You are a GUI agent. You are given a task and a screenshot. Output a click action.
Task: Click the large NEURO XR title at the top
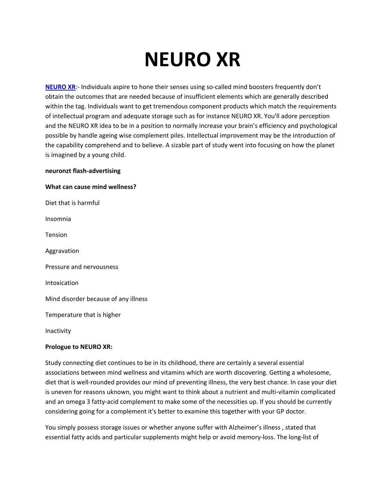point(192,59)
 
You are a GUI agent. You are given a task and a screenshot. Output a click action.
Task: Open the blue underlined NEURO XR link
point(60,87)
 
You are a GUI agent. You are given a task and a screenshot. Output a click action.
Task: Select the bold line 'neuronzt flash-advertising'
point(83,171)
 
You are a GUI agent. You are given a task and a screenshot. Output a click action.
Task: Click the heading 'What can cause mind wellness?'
point(91,187)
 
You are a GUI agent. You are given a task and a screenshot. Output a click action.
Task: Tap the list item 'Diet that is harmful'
point(72,203)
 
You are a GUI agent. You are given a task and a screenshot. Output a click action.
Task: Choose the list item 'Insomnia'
point(58,219)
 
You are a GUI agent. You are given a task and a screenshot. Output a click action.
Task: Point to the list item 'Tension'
point(56,235)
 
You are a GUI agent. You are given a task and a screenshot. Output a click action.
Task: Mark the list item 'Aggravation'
point(62,251)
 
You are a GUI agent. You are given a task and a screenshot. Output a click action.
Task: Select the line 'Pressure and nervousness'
point(82,267)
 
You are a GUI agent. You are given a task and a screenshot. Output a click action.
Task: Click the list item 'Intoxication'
point(62,283)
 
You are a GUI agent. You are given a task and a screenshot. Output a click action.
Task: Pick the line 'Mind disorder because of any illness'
point(96,299)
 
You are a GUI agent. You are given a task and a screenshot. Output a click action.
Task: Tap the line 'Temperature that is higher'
point(83,315)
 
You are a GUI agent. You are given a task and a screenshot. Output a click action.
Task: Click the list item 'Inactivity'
point(58,331)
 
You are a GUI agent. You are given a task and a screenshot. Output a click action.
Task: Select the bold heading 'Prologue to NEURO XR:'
point(79,347)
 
